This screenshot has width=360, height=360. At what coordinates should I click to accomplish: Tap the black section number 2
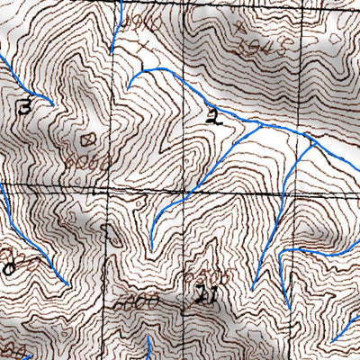(x=211, y=115)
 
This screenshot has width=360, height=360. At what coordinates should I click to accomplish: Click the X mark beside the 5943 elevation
(x=240, y=28)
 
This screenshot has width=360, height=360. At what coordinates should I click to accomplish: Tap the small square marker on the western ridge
(x=87, y=139)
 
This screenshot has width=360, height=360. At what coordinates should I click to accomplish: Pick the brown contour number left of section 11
(x=141, y=298)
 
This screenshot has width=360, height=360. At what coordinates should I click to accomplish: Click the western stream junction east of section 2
(x=260, y=127)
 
